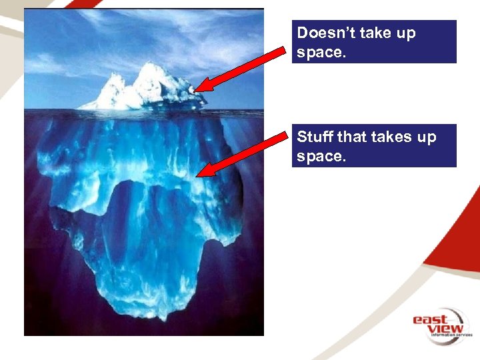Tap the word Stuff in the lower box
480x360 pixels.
[x=314, y=137]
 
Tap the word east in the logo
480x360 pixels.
[x=429, y=320]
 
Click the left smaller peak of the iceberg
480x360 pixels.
[x=114, y=77]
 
